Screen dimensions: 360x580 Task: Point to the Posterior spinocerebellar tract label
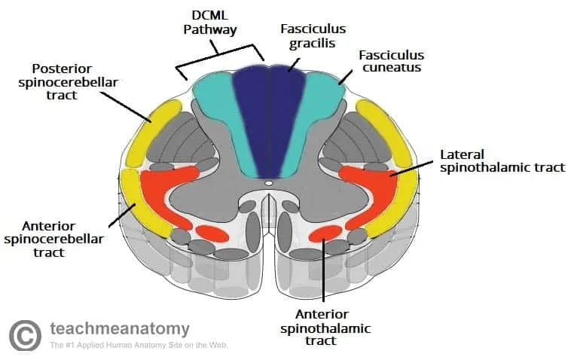(69, 76)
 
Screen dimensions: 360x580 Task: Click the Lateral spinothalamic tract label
(502, 160)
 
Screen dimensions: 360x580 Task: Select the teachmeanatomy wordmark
(120, 328)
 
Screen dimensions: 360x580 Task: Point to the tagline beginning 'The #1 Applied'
(139, 346)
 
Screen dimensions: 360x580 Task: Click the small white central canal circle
(269, 182)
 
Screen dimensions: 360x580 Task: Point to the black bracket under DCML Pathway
(218, 53)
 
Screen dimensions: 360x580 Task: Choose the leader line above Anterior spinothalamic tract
(323, 271)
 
